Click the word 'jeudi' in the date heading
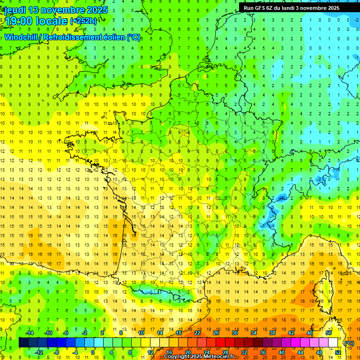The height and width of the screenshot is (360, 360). (x=15, y=10)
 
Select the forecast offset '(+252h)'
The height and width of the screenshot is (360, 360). (x=83, y=21)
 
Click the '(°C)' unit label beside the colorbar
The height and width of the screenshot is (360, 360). (x=349, y=343)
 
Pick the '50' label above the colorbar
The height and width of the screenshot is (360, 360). (x=329, y=333)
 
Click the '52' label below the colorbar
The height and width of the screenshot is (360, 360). (x=338, y=352)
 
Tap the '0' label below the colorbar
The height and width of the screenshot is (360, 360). (x=93, y=352)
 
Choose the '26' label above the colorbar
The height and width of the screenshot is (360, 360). (x=216, y=333)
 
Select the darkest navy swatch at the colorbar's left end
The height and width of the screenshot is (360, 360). (x=23, y=343)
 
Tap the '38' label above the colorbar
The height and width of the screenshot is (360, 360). (x=272, y=333)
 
